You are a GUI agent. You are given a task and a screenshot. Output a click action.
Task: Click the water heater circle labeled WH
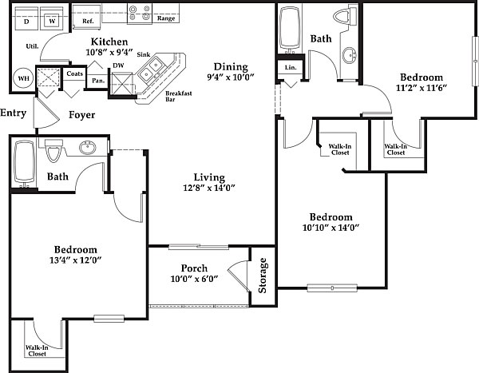(x=23, y=78)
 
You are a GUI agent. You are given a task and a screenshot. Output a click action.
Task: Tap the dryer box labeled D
(x=26, y=18)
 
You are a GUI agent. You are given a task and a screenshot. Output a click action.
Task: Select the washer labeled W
(x=52, y=18)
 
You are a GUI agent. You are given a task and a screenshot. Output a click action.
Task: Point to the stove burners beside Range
(x=140, y=14)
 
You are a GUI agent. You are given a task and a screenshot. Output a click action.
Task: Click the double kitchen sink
(x=151, y=69)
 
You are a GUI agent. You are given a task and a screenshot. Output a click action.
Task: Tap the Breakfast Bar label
(x=178, y=96)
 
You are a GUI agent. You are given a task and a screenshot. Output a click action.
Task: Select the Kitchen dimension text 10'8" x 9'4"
(x=109, y=52)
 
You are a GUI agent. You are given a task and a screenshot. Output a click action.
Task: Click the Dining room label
(x=231, y=67)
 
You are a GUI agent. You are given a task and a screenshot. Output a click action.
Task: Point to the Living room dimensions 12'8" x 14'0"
(x=209, y=188)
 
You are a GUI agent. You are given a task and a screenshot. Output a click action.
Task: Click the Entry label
(x=13, y=113)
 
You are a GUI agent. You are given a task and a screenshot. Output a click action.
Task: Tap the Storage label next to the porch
(x=263, y=276)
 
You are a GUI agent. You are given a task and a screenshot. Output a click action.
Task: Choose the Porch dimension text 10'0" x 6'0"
(x=194, y=279)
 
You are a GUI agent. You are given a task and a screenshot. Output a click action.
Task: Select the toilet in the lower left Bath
(x=53, y=150)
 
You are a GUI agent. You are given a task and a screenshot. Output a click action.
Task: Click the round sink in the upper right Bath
(x=350, y=55)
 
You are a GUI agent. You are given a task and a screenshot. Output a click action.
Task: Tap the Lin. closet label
(x=291, y=67)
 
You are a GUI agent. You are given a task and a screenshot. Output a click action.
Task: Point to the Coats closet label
(x=74, y=73)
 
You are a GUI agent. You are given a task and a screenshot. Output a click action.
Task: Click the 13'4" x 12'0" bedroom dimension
(x=76, y=260)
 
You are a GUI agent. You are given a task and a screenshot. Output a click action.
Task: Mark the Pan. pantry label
(x=98, y=81)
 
